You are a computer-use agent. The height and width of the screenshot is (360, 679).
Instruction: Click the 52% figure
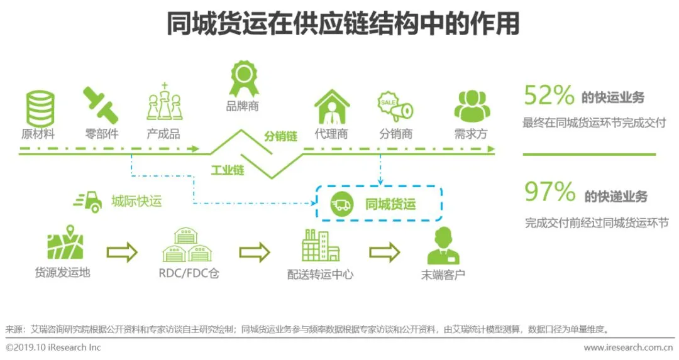pyautogui.click(x=549, y=96)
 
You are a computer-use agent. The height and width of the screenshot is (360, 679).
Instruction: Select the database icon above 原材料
pyautogui.click(x=38, y=106)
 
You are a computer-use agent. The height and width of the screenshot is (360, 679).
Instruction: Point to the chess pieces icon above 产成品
pyautogui.click(x=163, y=103)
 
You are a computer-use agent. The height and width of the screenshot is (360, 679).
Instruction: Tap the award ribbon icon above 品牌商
pyautogui.click(x=242, y=78)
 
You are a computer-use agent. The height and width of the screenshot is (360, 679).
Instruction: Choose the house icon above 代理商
pyautogui.click(x=331, y=106)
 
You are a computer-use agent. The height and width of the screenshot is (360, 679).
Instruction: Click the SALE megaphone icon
pyautogui.click(x=394, y=107)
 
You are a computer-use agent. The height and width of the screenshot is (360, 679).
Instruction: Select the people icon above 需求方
pyautogui.click(x=470, y=106)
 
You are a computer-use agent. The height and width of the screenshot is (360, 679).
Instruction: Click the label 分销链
pyautogui.click(x=280, y=135)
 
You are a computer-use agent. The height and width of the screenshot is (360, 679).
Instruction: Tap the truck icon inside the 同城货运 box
pyautogui.click(x=342, y=204)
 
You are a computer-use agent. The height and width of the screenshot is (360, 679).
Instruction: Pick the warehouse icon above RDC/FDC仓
pyautogui.click(x=187, y=246)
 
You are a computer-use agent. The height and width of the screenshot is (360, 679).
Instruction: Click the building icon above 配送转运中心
pyautogui.click(x=320, y=245)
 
